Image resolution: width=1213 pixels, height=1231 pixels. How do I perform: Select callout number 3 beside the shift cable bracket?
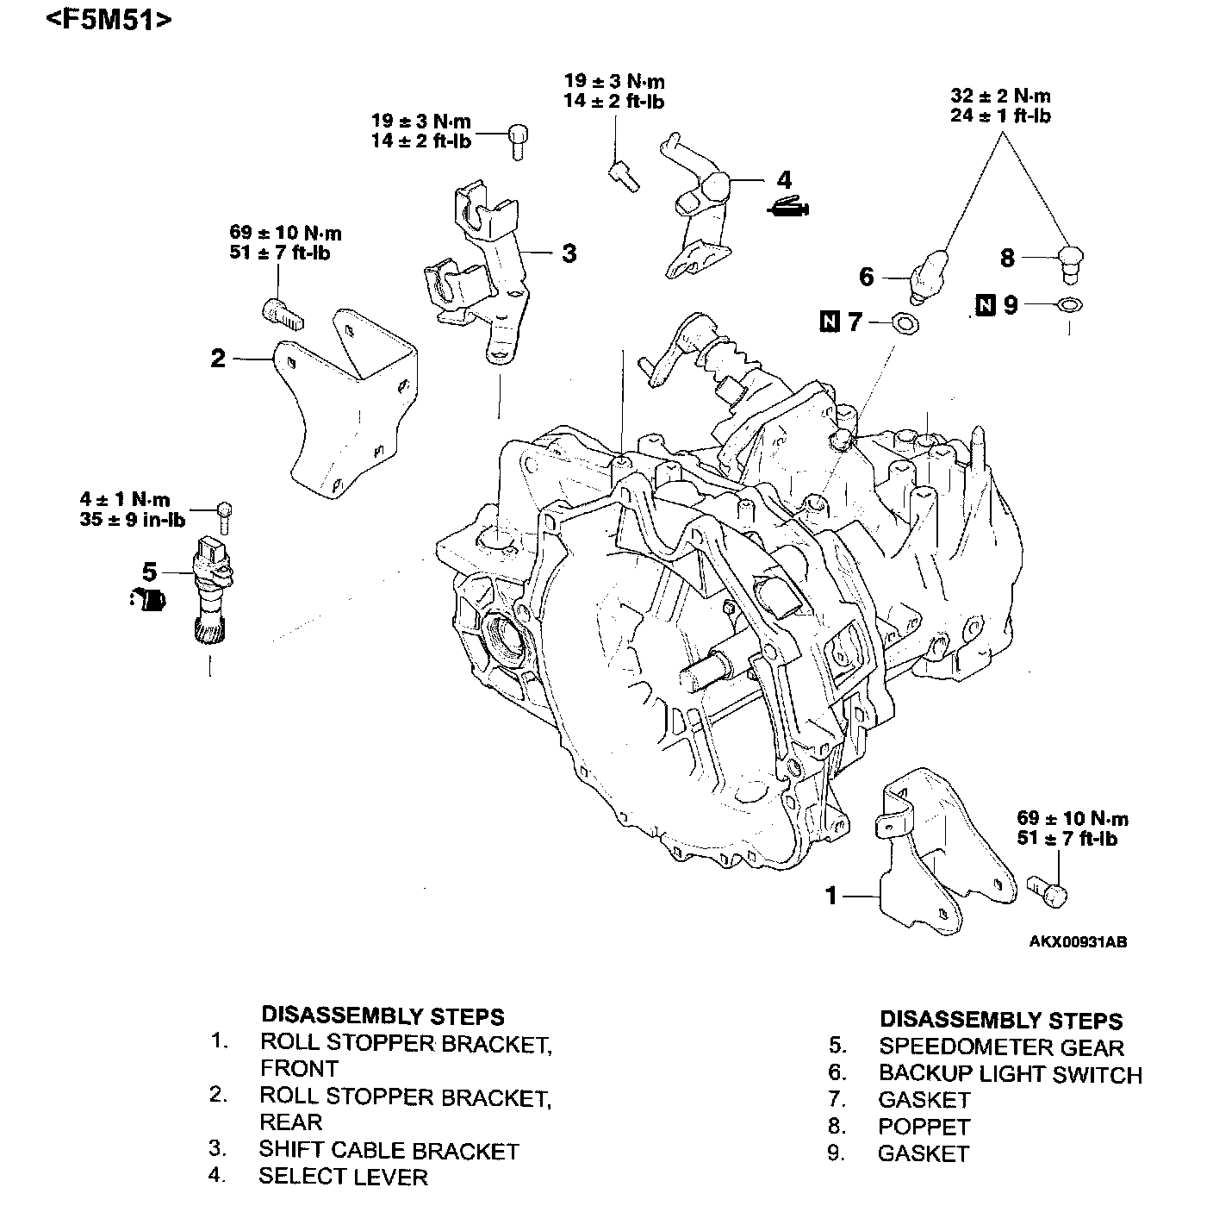(569, 253)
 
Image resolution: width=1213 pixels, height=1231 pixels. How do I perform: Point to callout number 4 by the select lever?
(783, 180)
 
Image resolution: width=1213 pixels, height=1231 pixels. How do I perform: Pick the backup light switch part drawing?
(929, 275)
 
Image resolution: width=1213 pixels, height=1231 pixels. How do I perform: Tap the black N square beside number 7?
(830, 322)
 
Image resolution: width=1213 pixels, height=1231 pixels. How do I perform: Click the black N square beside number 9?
(986, 304)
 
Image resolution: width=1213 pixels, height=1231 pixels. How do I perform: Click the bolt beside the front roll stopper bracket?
(1048, 891)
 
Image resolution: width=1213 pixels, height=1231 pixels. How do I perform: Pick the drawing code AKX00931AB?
(1078, 941)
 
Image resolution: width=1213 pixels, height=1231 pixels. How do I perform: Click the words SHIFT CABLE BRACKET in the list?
(389, 1151)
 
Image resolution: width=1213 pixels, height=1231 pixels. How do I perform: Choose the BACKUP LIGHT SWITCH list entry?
(1010, 1074)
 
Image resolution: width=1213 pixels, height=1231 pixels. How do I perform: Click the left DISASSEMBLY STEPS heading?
(383, 1015)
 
